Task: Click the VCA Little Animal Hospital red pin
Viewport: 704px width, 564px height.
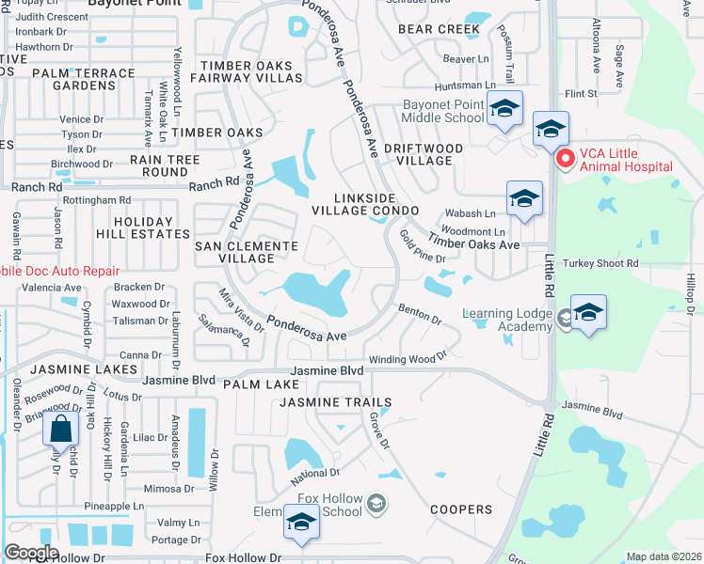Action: (x=565, y=159)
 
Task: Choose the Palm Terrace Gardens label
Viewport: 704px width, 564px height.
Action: (x=83, y=79)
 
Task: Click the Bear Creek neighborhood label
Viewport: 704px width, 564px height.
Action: (x=439, y=29)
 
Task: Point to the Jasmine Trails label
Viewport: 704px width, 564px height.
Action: (x=335, y=402)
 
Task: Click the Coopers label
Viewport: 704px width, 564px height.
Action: (x=461, y=509)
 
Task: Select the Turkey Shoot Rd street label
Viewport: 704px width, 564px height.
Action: (x=600, y=264)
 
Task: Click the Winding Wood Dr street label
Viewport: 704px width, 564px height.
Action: (x=407, y=359)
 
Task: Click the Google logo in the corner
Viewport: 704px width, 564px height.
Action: (x=31, y=553)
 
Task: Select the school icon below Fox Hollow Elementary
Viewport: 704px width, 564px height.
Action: (x=301, y=523)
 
